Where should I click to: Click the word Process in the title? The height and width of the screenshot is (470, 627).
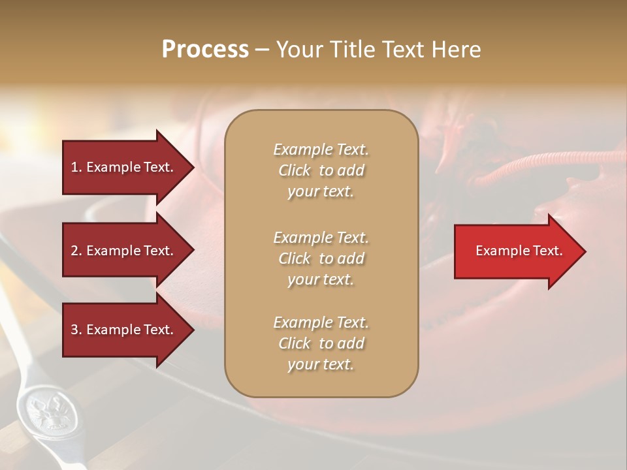(205, 50)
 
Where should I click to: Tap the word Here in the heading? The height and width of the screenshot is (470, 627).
(455, 50)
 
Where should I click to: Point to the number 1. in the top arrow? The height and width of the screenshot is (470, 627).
(76, 167)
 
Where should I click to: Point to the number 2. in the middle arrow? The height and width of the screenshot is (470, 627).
(76, 251)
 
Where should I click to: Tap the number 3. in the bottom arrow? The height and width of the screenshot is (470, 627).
(76, 330)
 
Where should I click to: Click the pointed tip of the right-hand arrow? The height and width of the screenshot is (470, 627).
(583, 251)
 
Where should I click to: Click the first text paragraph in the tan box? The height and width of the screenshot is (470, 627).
(321, 170)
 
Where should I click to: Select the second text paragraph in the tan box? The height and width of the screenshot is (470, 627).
(321, 258)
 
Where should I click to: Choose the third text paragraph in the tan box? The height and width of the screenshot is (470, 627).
(321, 343)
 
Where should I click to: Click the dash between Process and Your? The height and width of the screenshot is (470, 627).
(262, 50)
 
